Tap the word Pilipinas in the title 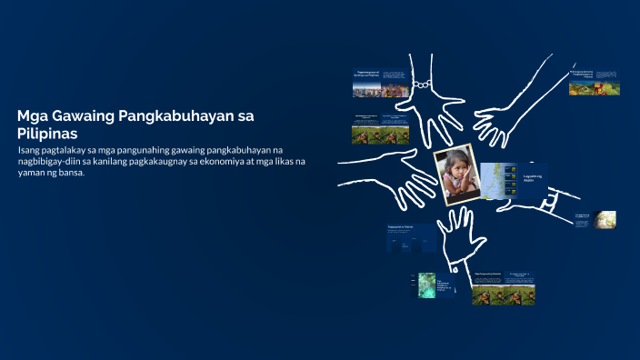point(47,134)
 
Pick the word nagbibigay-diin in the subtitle point(53,161)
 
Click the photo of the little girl point(456,174)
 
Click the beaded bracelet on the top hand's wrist point(421,85)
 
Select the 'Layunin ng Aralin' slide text point(532,178)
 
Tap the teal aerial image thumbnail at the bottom point(426,285)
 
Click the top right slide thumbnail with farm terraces point(581,87)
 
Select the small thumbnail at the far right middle point(605,219)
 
